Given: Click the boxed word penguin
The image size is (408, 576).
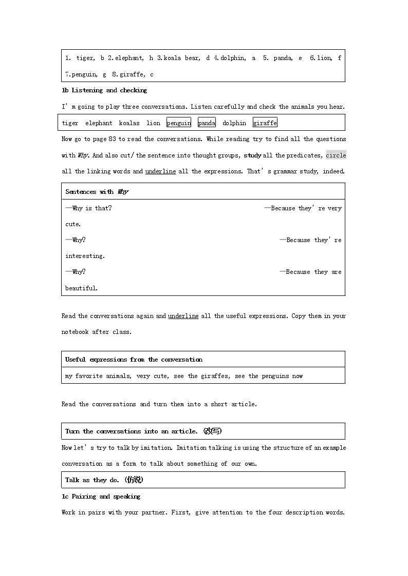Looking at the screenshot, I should pos(178,123).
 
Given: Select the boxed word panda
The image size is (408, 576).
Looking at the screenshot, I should pos(207,123).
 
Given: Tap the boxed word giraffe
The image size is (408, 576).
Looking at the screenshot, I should pos(265,123).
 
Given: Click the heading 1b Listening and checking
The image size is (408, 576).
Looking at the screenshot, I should pos(104,90).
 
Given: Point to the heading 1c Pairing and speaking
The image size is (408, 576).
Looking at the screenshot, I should pos(101,496).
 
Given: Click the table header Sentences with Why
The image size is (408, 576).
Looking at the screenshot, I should pos(97,192).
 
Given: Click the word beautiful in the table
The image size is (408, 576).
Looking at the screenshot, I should pos(81,288).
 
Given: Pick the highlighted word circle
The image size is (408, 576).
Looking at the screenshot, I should pos(336,155).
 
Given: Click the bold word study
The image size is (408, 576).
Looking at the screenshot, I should pos(252,155).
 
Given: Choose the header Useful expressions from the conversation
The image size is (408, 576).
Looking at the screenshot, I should pos(134,360).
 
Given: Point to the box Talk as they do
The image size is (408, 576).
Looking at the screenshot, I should pos(104,480).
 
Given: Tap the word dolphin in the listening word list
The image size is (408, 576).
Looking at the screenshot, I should pos(234,123).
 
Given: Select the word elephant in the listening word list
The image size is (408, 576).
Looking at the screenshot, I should pos(99,123).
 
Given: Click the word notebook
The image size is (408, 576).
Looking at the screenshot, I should pos(75,332).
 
